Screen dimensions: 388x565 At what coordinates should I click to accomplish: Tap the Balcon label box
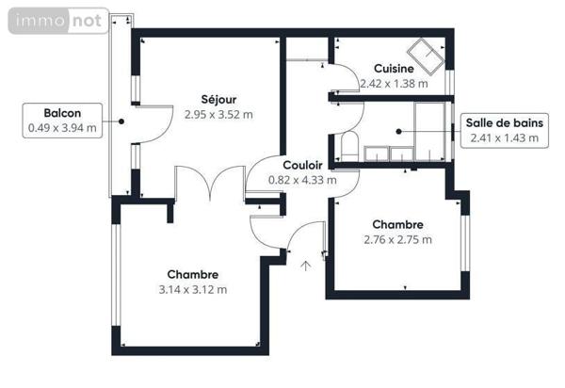(x=62, y=121)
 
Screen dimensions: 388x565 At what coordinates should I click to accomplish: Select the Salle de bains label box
(x=504, y=130)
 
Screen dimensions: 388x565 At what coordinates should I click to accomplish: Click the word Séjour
(x=218, y=99)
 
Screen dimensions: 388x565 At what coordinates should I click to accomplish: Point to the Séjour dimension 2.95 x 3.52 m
(x=219, y=114)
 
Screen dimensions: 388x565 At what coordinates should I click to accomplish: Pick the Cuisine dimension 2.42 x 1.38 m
(x=394, y=83)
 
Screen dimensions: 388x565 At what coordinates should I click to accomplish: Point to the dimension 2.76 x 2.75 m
(x=396, y=239)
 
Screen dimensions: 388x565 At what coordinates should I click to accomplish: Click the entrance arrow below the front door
(x=305, y=267)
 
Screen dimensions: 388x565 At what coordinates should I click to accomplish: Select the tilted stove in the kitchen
(x=423, y=55)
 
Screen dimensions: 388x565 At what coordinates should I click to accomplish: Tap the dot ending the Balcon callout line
(x=121, y=121)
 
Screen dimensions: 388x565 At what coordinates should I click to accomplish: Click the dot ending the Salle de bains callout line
(x=399, y=131)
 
